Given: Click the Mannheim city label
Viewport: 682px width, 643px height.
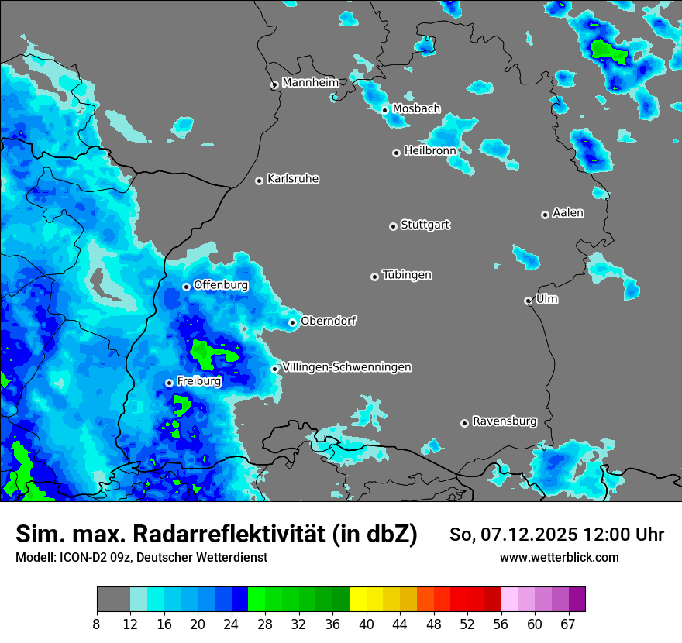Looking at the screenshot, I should pos(310,82).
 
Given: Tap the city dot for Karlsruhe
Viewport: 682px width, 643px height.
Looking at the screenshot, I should pos(260,181).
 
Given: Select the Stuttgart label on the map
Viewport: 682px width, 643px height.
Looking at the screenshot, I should pos(425,225).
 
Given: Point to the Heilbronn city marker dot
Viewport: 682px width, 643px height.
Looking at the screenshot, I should pos(397,153).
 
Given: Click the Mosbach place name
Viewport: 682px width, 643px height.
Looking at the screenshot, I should pos(416,108).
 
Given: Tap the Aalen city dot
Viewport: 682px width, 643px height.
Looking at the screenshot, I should pos(545,215).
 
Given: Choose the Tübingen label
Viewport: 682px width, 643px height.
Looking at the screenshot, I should pos(407,275).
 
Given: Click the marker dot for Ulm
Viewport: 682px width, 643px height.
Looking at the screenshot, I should pos(528,301).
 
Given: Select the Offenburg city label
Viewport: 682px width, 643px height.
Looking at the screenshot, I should pos(221,285).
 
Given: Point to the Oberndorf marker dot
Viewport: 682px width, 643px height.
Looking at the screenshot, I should pos(292,322).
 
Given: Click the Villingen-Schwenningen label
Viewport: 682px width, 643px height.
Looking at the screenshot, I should pos(347,367).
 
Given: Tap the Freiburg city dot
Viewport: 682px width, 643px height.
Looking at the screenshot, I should pos(169,383).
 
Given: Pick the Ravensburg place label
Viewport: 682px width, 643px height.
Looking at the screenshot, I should pos(505,421).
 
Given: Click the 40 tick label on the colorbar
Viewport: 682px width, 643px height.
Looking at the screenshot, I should pos(367,624).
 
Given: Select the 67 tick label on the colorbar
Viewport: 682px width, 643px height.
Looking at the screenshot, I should pos(568,624).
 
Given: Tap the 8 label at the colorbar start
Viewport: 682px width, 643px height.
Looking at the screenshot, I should pos(97,624).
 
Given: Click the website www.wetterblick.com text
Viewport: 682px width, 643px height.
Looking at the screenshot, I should pos(559,557).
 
